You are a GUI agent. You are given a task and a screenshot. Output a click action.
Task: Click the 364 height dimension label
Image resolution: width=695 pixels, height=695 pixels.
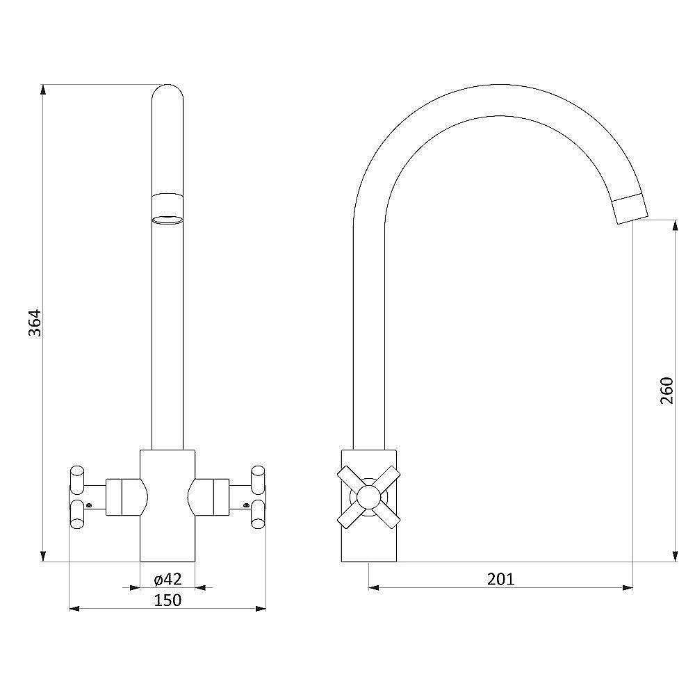coord(35,322)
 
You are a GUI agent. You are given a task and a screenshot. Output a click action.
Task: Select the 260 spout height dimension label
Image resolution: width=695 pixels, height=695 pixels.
coord(667,391)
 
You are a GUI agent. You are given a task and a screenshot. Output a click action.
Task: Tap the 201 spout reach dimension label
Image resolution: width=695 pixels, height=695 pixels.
coord(501,580)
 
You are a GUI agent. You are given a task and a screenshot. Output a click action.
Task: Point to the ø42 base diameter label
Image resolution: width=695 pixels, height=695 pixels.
coord(167,580)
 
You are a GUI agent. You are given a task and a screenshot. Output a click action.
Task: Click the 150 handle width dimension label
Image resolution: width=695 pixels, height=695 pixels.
coord(167,600)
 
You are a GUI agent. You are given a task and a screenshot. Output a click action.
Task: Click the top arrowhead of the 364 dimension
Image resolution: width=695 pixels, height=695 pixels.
coord(42,90)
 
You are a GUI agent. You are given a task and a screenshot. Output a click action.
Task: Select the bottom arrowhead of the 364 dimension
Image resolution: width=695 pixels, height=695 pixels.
coord(42,556)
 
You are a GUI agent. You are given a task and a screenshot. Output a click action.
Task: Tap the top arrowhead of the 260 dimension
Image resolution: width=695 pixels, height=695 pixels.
coord(675,225)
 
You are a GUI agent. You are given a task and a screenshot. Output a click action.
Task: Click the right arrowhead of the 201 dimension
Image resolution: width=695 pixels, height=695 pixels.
coord(627,588)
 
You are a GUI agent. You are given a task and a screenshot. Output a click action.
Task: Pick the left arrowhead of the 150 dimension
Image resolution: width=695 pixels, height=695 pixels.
coord(75,609)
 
